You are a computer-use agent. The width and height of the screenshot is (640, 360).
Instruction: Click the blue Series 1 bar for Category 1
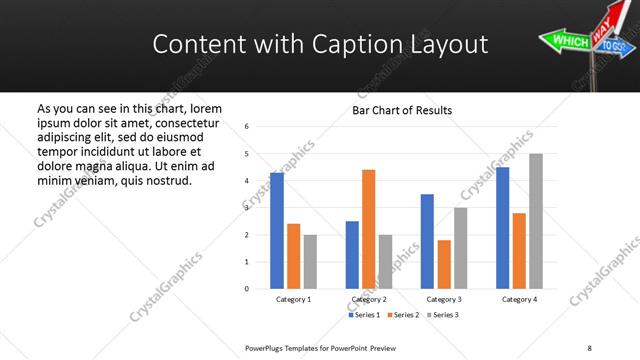277,231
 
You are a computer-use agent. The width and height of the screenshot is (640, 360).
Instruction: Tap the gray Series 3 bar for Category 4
536,221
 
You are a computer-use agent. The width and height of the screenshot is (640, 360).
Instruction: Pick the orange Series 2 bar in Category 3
444,264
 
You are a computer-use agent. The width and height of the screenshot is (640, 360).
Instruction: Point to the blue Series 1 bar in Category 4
502,228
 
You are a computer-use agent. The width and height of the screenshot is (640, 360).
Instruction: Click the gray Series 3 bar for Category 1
310,262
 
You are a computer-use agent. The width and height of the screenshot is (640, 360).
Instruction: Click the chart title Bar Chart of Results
402,110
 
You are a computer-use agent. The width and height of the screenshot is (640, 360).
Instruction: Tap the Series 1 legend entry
364,315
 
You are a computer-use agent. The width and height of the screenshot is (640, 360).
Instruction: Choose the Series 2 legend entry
402,315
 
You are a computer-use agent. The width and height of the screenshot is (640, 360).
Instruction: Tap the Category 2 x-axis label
369,299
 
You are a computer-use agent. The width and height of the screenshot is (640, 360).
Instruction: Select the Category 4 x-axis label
519,299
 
